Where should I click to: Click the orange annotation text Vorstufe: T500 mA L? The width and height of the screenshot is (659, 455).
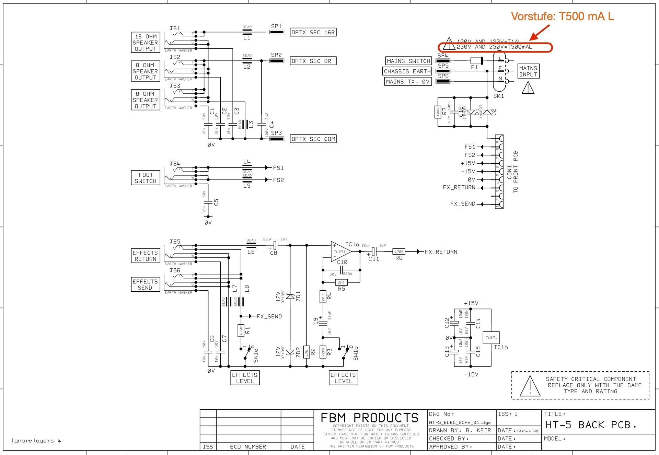tap(562, 16)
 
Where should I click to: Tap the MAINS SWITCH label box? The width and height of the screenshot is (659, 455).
tap(408, 61)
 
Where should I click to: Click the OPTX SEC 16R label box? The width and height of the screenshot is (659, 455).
tap(313, 32)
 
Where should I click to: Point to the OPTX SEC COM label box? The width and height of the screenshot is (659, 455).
tap(313, 139)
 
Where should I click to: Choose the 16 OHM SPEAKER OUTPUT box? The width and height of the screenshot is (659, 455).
tap(145, 43)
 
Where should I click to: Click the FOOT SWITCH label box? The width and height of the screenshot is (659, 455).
tap(145, 178)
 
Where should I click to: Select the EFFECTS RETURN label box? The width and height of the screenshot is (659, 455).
tap(145, 256)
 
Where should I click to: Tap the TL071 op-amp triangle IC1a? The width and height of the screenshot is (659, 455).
tap(340, 252)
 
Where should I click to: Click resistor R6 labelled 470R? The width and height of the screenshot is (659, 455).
tap(398, 252)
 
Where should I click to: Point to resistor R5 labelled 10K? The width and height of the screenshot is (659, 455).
tap(341, 282)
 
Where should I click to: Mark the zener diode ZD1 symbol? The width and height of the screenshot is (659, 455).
tap(290, 296)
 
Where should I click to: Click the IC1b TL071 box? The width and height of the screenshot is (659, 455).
tap(491, 338)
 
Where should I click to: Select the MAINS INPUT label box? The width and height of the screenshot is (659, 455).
tap(528, 71)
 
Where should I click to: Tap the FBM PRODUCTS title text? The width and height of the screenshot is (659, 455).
tap(369, 418)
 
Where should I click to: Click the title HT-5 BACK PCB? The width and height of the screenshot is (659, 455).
tap(590, 425)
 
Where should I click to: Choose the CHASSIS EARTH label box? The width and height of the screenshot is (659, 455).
tap(407, 71)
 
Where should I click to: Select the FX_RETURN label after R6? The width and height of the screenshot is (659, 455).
tap(441, 252)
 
